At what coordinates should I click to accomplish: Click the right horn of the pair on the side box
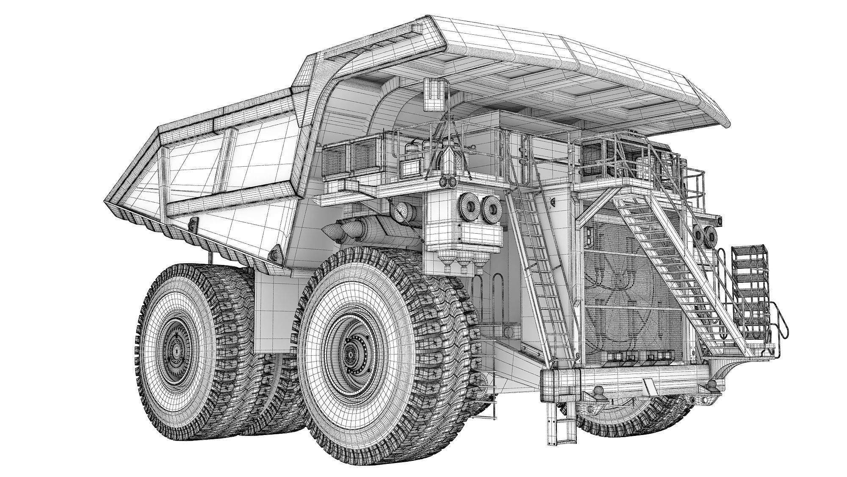(491, 208)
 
